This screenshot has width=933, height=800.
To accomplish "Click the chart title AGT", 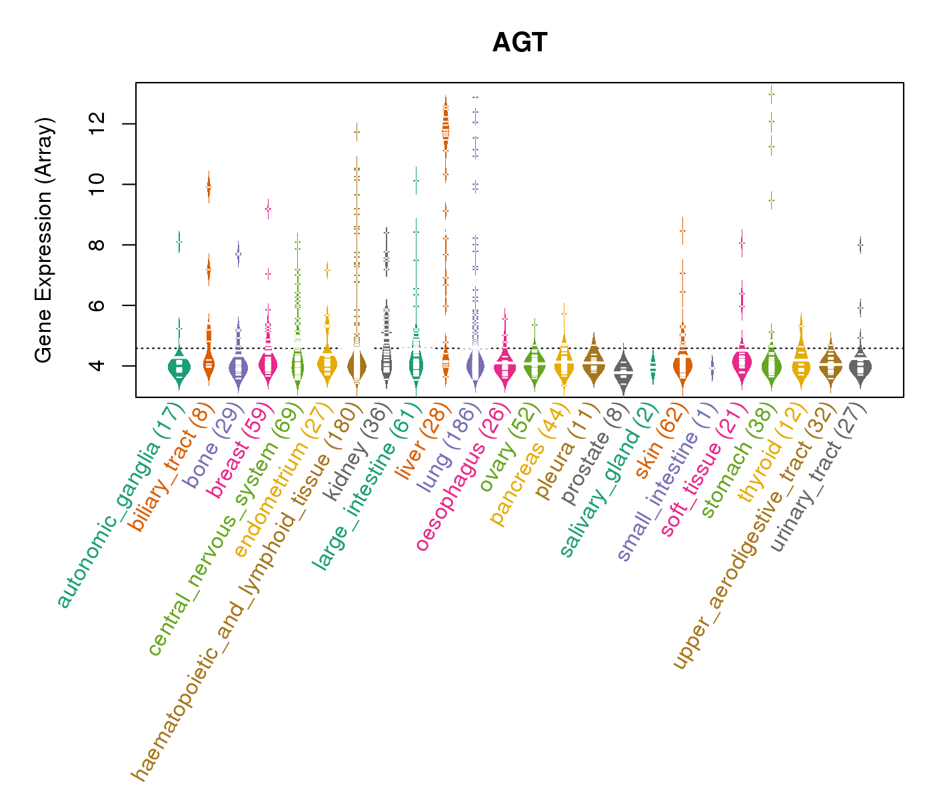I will [x=520, y=43].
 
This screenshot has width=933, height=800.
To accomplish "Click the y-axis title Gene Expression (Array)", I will [x=43, y=240].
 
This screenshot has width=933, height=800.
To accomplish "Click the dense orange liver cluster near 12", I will [x=446, y=127].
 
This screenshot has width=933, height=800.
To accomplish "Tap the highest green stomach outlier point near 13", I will [x=771, y=94].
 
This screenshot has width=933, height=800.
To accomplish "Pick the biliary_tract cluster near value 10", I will [x=209, y=188].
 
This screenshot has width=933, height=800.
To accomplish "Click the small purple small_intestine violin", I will [x=712, y=367].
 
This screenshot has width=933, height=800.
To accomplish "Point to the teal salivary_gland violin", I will [x=653, y=366].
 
